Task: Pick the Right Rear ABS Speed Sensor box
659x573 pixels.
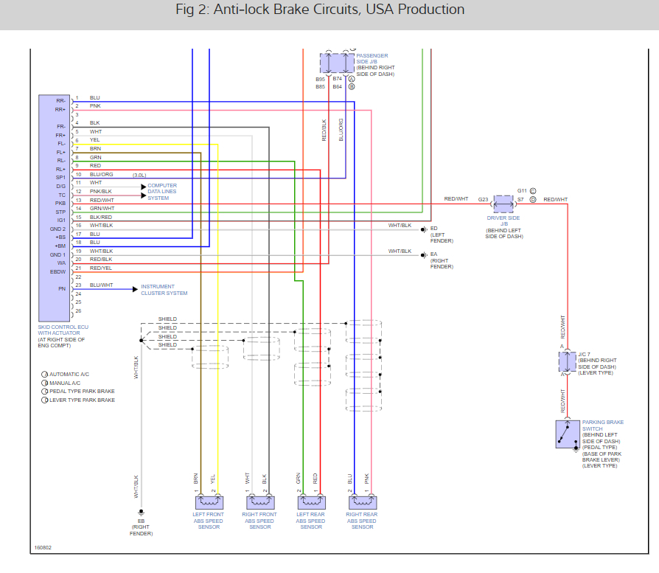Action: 361,502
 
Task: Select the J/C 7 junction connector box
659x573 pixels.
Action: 567,361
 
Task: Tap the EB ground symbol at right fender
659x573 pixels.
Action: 141,511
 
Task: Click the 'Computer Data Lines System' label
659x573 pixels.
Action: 162,191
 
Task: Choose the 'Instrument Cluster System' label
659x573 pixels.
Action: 164,290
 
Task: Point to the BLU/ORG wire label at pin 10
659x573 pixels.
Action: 101,174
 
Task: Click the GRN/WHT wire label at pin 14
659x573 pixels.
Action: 102,208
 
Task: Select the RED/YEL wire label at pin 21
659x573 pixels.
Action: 102,268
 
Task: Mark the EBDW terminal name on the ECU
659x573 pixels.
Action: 59,271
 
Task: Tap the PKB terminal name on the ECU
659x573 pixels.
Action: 60,203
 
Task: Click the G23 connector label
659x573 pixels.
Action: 483,199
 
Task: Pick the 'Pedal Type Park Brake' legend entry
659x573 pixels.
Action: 82,391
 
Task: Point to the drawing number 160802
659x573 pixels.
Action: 43,548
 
